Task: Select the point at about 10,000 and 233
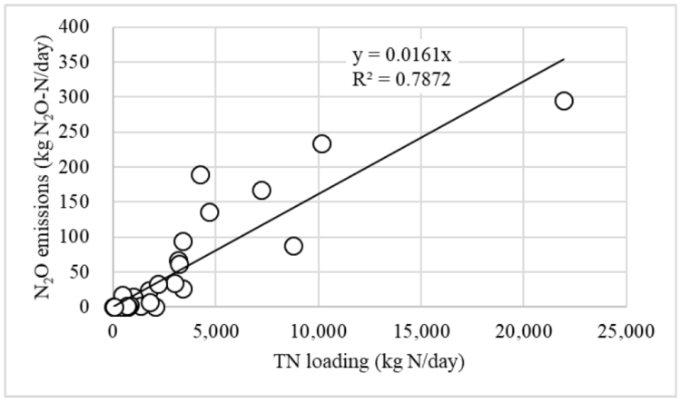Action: (x=321, y=143)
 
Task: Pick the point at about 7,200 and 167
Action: (x=262, y=190)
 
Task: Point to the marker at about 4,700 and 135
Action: (x=210, y=212)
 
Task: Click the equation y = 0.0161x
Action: (x=400, y=57)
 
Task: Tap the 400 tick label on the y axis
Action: (x=78, y=27)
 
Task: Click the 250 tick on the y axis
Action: (x=78, y=133)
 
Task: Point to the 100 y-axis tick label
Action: (x=78, y=237)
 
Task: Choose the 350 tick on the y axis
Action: (x=78, y=63)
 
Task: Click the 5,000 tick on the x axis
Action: (x=215, y=329)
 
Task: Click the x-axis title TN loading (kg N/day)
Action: (x=369, y=361)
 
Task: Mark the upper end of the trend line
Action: (x=563, y=60)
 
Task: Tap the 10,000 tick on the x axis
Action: (x=318, y=329)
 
